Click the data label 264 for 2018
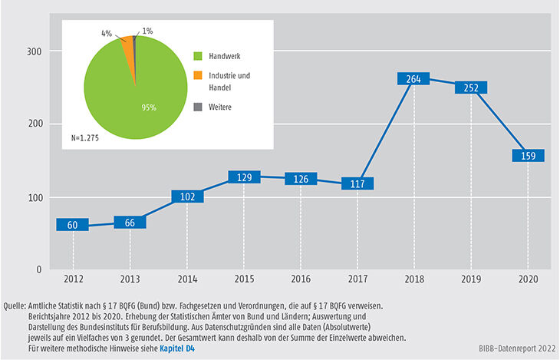pos(414,80)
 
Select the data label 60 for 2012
pos(73,226)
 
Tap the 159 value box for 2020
pos(528,156)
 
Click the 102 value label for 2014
pos(187,196)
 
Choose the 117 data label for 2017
pos(357,184)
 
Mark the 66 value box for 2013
pos(130,223)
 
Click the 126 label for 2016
pos(301,179)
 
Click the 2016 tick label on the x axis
pos(301,280)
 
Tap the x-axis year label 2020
pos(528,280)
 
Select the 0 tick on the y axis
pos(37,270)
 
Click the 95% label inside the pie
pos(148,107)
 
